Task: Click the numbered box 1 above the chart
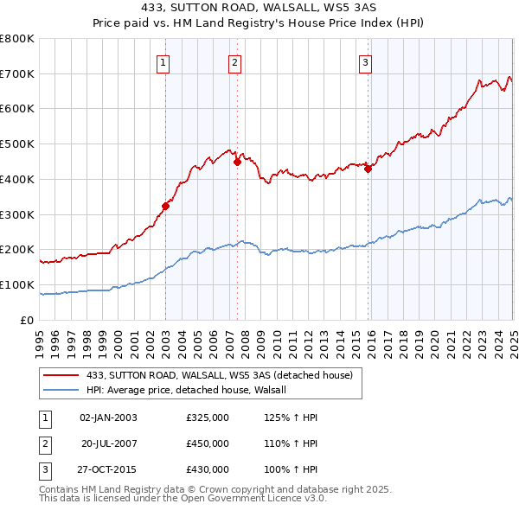coord(163,62)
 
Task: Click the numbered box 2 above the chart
coord(234,62)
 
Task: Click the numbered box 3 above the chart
coord(366,62)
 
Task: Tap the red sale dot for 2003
coord(165,206)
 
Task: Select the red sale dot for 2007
coord(237,161)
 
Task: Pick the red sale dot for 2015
coord(368,169)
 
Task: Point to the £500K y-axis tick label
coord(17,144)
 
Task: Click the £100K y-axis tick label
coord(17,284)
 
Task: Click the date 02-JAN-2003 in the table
coord(108,418)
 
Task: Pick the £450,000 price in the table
coord(208,443)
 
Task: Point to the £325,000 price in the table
coord(208,418)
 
